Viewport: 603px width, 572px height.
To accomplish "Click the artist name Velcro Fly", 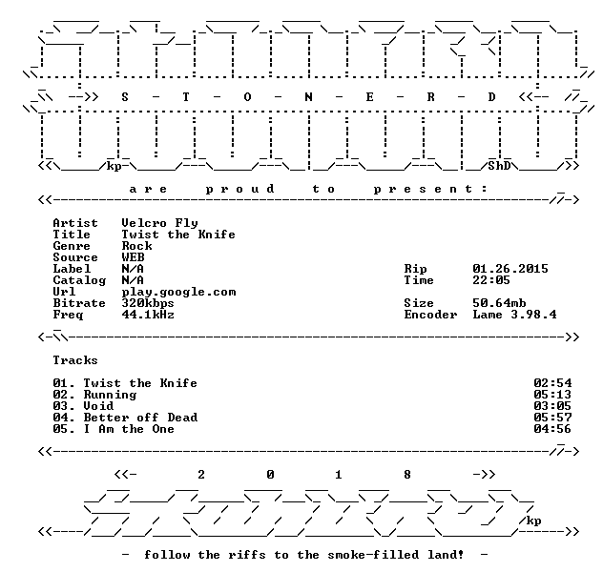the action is pos(159,223).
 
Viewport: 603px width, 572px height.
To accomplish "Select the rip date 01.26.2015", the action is pos(510,269).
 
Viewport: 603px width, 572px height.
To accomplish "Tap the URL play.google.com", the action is pos(178,292).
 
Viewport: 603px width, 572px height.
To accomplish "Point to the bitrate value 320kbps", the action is pos(148,303).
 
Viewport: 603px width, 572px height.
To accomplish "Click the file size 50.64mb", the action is pos(499,303).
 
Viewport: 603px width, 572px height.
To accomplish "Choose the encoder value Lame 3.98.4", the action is pos(514,315).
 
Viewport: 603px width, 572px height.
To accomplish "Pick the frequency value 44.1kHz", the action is pos(148,315).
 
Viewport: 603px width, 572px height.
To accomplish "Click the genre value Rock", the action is pos(136,246).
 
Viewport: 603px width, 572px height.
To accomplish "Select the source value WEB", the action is pos(133,257).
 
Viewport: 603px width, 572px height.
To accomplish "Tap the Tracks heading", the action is pos(75,360).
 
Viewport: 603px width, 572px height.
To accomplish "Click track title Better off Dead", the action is pos(140,418).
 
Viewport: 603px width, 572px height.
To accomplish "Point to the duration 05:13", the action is pos(552,395).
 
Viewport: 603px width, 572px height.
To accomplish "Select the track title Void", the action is pos(98,406).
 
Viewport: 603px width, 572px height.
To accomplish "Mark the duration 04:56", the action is pos(552,429).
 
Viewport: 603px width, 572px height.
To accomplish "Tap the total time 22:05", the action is pos(491,280).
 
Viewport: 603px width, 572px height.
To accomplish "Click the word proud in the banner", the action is pos(240,189).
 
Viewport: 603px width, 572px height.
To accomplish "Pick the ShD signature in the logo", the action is pos(499,166).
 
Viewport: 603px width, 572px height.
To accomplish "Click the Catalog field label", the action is pos(79,280).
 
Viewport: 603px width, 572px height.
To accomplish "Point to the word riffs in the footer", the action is pos(247,555).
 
